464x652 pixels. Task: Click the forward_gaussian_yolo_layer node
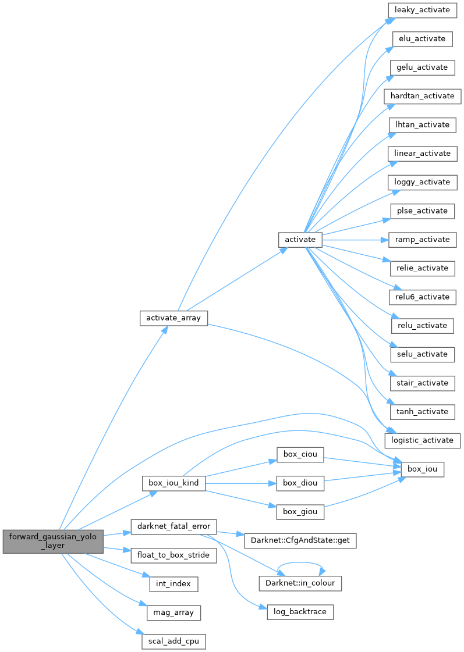click(x=53, y=541)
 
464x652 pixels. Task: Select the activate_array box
click(x=174, y=318)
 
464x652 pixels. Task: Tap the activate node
click(x=300, y=239)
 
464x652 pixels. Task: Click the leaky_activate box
click(x=422, y=10)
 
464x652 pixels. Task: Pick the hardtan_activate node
click(x=423, y=96)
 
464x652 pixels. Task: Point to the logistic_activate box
click(x=423, y=440)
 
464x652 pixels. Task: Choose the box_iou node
click(x=423, y=469)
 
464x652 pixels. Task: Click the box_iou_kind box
click(x=173, y=483)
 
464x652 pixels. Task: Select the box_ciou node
click(x=299, y=454)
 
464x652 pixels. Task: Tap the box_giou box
click(x=299, y=512)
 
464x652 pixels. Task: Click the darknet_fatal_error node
click(x=173, y=527)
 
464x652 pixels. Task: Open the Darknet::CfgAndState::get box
click(x=299, y=540)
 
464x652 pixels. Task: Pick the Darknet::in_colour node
click(x=300, y=583)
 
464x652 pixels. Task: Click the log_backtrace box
click(x=300, y=612)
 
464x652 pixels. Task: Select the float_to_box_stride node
click(x=173, y=555)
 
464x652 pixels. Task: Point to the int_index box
click(x=173, y=583)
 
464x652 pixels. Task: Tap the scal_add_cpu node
click(x=173, y=641)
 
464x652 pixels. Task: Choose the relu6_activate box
click(x=423, y=297)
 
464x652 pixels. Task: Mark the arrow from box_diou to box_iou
click(x=361, y=476)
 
